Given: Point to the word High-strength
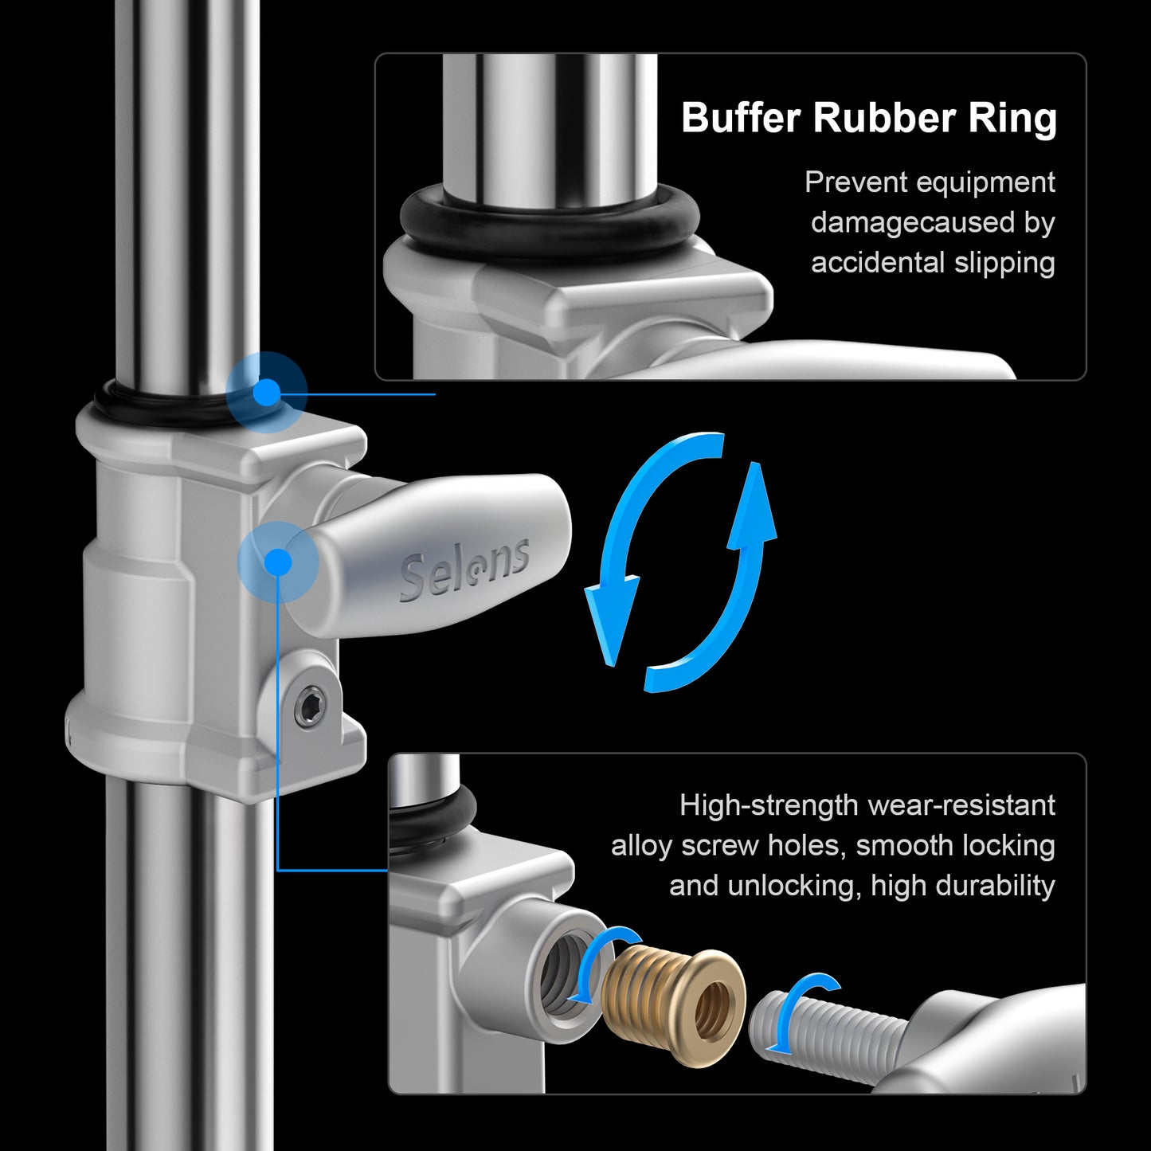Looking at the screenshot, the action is point(769,805).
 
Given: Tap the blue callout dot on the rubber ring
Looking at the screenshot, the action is point(266,393).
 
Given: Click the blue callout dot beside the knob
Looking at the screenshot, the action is point(278,562).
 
